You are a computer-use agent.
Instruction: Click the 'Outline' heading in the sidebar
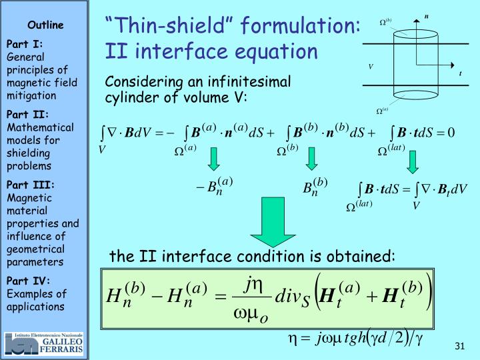click(x=45, y=25)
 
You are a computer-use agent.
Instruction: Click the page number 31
click(x=459, y=345)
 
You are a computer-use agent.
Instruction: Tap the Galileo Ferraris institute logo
click(x=44, y=343)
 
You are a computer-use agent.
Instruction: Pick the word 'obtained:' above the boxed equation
click(x=365, y=257)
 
